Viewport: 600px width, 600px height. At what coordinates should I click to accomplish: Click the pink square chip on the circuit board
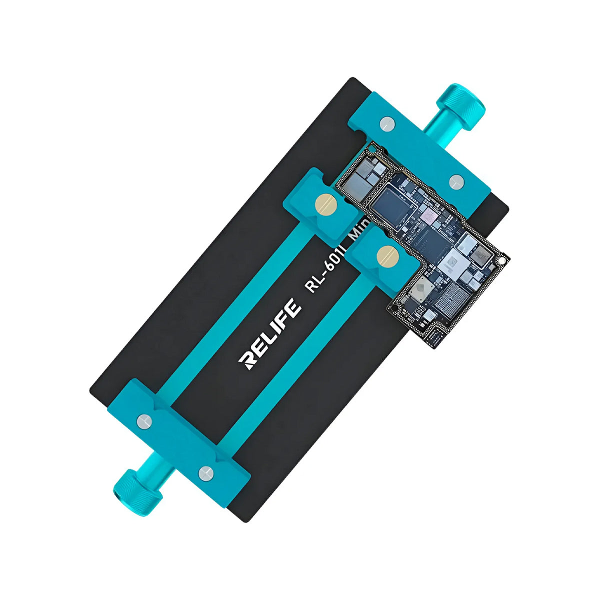click(x=429, y=215)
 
